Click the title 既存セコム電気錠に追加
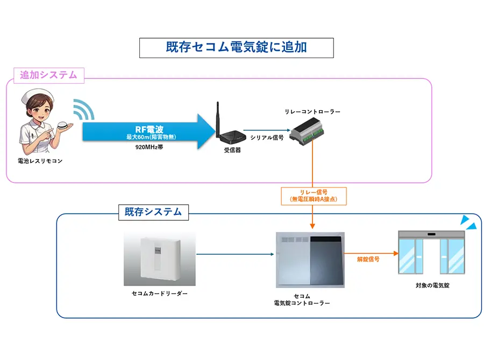(236, 47)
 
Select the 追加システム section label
(48, 75)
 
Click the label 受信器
(232, 150)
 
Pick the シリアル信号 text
(267, 138)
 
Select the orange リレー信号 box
(313, 196)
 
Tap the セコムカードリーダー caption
(160, 294)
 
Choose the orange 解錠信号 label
(368, 259)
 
